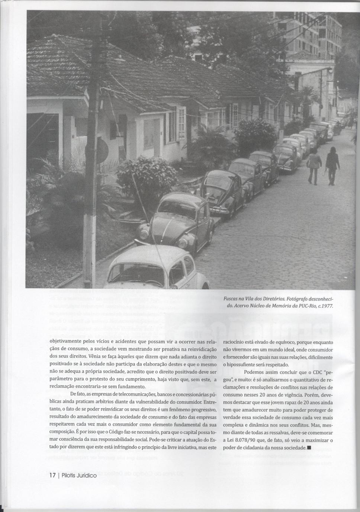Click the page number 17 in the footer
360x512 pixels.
pos(52,475)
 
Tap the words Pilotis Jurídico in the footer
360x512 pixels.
pos(79,475)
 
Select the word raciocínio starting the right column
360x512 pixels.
pos(235,342)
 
